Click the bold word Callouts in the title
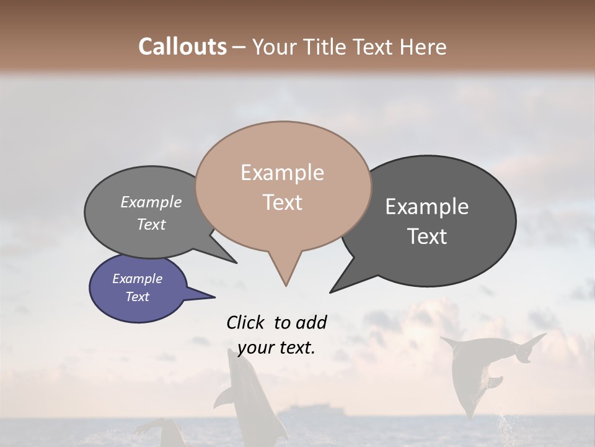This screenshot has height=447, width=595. [x=182, y=47]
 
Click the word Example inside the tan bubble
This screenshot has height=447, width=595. [x=282, y=173]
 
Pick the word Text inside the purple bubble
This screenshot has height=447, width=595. [x=138, y=297]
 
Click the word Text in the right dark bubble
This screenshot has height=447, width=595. [x=427, y=237]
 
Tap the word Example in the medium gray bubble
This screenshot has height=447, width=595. [x=151, y=202]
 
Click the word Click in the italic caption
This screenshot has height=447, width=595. [x=246, y=322]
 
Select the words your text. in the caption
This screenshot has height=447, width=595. [x=276, y=348]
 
